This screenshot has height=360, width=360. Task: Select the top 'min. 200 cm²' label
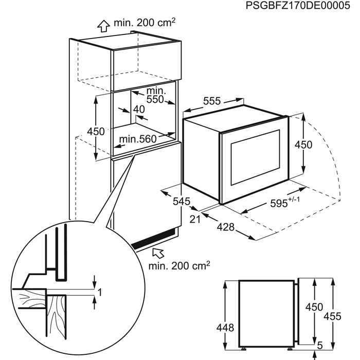[x=146, y=24]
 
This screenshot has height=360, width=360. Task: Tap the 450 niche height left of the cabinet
[x=81, y=131]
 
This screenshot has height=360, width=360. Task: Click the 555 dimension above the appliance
[x=211, y=101]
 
